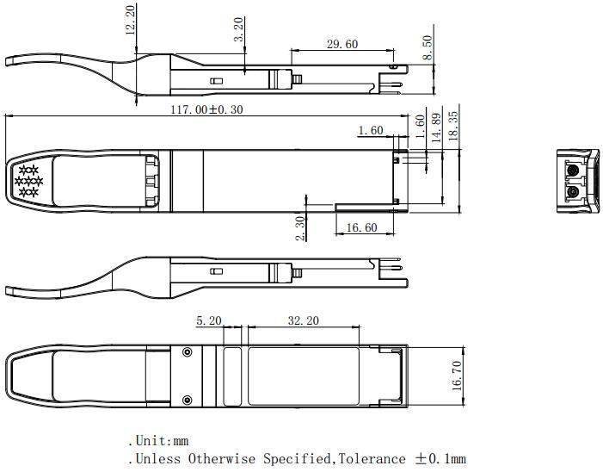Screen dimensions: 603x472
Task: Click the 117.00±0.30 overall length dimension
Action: tap(207, 109)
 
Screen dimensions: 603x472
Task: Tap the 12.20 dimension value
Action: tap(131, 20)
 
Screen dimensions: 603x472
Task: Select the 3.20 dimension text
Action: tap(239, 29)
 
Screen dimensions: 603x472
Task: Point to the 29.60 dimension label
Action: tap(342, 44)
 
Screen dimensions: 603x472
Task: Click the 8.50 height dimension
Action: tap(428, 47)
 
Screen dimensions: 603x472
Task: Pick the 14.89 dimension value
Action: tap(436, 127)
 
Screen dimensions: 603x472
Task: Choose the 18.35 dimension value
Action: tap(453, 126)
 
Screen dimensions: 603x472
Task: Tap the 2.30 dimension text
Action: tap(300, 228)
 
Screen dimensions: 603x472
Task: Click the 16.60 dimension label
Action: tap(361, 227)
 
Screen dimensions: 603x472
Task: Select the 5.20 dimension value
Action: tap(209, 320)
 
